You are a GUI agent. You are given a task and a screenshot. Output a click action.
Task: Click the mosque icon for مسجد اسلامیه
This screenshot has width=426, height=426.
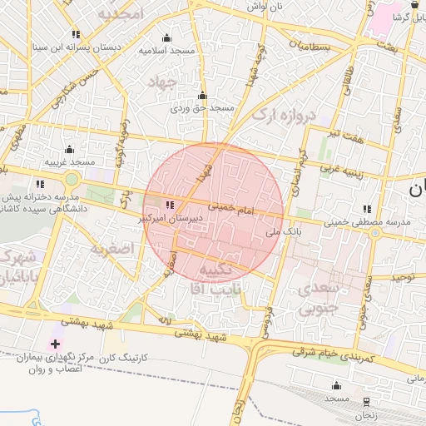pos(166,37)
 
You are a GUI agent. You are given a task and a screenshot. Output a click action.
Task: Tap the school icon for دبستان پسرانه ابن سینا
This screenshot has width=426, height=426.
pos(76,34)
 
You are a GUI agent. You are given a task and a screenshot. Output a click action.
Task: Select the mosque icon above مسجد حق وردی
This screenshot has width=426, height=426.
pos(202,95)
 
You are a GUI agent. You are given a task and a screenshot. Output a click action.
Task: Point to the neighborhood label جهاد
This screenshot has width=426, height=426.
pos(163,82)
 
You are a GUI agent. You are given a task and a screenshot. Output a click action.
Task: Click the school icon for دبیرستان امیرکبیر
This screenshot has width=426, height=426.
pos(171,204)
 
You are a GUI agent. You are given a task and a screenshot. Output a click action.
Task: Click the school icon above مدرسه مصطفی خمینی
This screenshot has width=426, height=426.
pos(367,209)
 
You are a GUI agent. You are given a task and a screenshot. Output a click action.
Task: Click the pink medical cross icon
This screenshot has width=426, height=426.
pos(56,344)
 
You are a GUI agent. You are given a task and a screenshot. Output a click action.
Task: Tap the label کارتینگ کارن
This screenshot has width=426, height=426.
pos(122,357)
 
